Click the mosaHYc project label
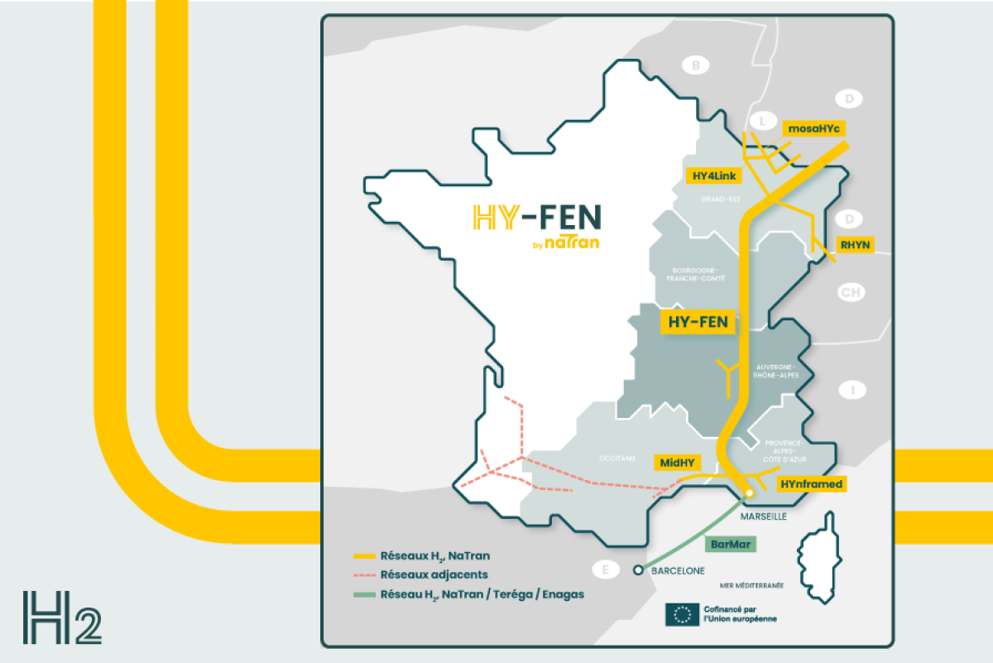pos(813,128)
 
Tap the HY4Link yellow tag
pos(716,175)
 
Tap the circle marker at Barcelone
pos(638,570)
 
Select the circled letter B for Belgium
pos(696,65)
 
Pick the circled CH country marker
pos(850,292)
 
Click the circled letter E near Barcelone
pos(607,569)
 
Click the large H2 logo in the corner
pos(62,617)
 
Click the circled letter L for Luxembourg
pos(762,120)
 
